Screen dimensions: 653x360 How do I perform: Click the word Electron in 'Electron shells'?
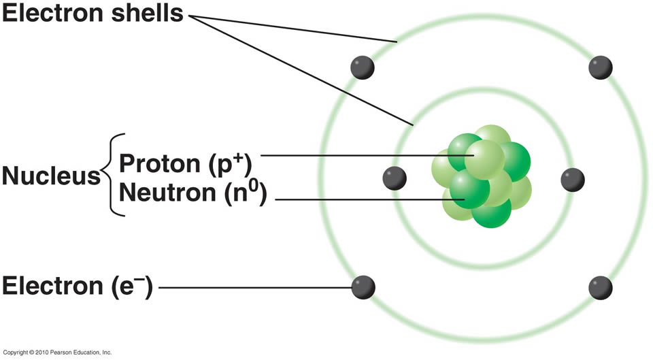tap(51, 14)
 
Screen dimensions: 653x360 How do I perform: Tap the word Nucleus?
tap(51, 177)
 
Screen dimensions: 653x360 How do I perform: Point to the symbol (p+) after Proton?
tap(231, 164)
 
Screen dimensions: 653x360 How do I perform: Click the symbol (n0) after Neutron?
tap(246, 193)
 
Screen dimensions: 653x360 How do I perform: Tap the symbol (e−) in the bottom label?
tap(133, 287)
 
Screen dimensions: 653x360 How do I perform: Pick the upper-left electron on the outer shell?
tap(363, 67)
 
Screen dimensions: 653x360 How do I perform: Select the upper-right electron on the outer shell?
tap(601, 67)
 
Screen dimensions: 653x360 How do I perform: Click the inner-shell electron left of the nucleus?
tap(395, 178)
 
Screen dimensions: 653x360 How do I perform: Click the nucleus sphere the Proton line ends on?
tap(484, 157)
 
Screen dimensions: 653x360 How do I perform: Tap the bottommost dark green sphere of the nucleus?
tap(491, 212)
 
